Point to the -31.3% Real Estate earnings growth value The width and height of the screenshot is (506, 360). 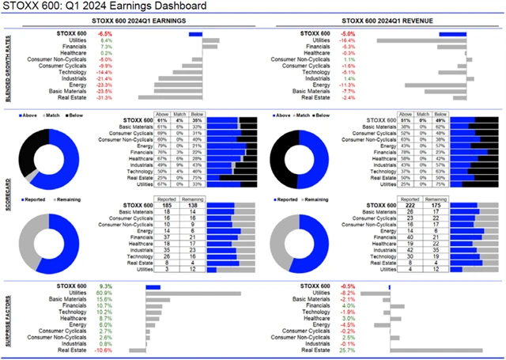pos(104,98)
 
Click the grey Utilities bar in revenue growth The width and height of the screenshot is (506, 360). pos(404,41)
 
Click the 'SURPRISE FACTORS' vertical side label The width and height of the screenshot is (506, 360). pos(6,317)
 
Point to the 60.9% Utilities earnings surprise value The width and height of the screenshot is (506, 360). pos(103,293)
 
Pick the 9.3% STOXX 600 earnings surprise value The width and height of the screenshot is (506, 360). pos(104,286)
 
